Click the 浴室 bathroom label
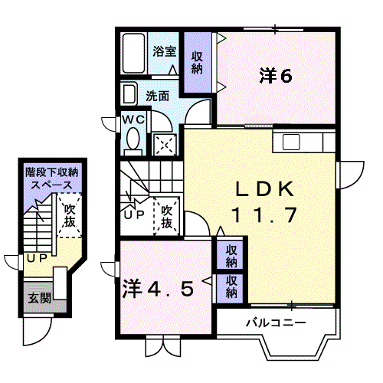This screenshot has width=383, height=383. point(165,51)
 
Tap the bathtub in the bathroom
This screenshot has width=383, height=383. point(133,53)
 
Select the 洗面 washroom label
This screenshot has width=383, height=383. point(158,97)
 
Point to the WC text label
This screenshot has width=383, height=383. point(133,119)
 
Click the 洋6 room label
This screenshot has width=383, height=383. point(276,76)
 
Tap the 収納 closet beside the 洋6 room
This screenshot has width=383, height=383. point(198,62)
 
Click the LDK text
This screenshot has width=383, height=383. point(264,189)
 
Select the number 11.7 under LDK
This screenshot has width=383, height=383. point(264,215)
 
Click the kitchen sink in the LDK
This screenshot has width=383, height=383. point(291,142)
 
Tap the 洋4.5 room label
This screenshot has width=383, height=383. point(159,289)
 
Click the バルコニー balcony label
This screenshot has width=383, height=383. point(276,322)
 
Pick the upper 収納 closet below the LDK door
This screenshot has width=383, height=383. point(231,255)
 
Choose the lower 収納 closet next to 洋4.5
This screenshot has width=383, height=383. point(231,286)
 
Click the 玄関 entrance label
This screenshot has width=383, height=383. point(40,298)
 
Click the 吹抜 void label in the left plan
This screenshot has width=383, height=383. point(70,215)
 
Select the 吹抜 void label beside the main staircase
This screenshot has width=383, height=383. point(167,217)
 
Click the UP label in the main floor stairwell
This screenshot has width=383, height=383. point(134,214)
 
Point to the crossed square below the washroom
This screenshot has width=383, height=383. point(165,145)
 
